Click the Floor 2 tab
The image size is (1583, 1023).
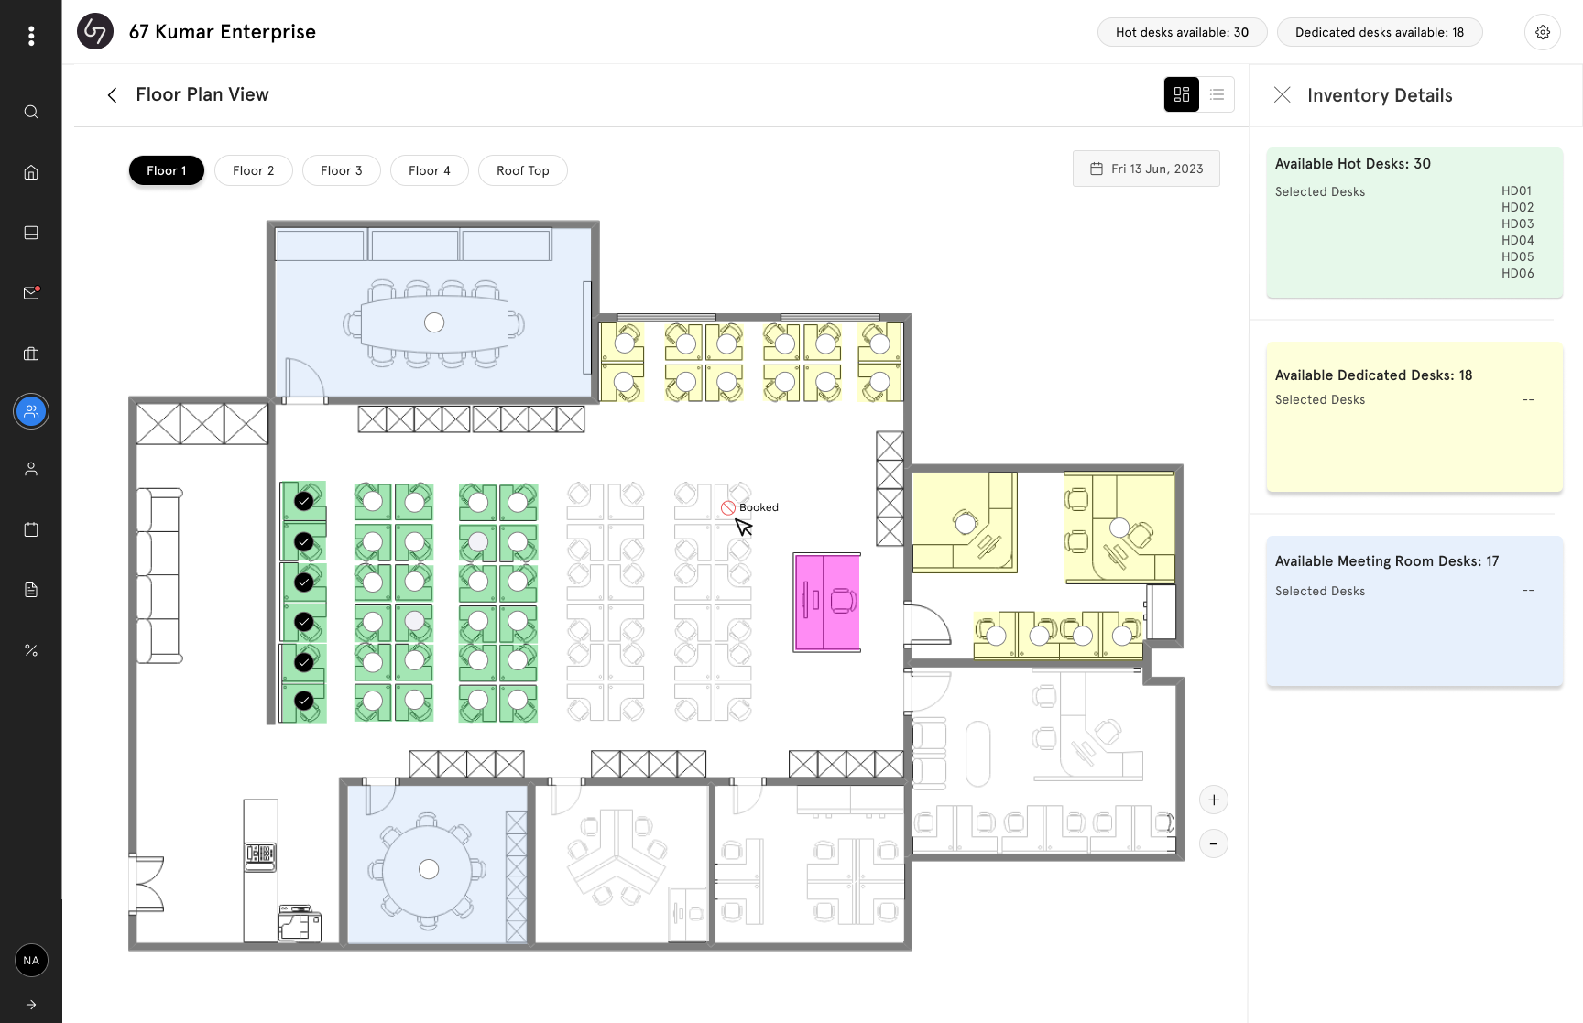[254, 170]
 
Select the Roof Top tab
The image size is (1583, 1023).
[522, 170]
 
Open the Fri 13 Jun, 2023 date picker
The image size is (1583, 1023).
[1146, 169]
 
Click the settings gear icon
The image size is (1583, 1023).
[1543, 32]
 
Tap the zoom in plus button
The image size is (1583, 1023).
[1214, 800]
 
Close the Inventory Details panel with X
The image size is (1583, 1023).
[1283, 95]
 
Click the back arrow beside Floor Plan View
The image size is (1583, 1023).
[112, 95]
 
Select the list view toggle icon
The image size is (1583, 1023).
[1217, 94]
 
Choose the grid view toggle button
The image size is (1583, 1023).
[1182, 94]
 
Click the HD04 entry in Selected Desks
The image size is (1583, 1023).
[1517, 240]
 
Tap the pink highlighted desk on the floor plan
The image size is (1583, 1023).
[827, 602]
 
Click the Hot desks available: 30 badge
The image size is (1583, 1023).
[1182, 32]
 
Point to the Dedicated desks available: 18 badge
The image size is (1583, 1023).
[1379, 32]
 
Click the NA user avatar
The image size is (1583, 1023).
[31, 960]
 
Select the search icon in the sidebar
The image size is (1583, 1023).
[31, 112]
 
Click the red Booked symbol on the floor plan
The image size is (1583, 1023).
[728, 507]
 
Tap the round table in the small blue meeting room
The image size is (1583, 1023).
[429, 869]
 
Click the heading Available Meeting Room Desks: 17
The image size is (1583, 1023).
[1386, 561]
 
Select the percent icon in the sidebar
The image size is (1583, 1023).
[31, 650]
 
